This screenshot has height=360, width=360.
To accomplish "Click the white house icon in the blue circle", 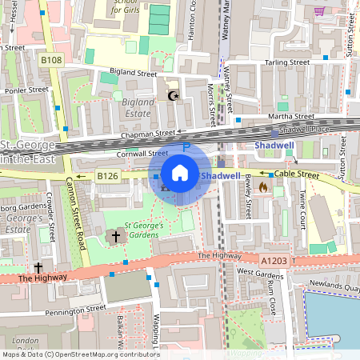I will pos(180,173).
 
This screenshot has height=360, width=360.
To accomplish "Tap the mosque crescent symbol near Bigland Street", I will pos(171,96).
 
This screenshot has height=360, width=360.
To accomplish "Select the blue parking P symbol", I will pos(186,148).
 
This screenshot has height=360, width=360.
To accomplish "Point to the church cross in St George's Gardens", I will pos(115,236).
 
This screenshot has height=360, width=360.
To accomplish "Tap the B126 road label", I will pos(107,175).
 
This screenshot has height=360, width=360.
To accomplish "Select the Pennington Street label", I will pos(74,310).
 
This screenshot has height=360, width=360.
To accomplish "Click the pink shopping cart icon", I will pos(319,11).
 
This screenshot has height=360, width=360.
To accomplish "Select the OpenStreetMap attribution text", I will pos(80,354).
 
